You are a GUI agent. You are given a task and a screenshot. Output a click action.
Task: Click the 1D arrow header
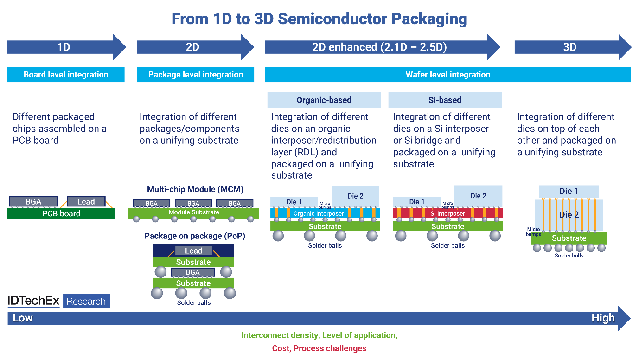[x=64, y=47]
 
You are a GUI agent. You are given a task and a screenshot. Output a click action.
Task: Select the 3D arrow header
[x=569, y=47]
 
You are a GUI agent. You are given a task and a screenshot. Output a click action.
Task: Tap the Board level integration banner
[x=66, y=75]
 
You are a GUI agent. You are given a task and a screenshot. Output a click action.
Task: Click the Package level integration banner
[x=196, y=75]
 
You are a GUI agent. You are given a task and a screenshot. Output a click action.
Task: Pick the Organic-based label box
[x=324, y=100]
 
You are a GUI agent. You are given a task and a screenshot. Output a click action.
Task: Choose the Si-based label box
[x=445, y=100]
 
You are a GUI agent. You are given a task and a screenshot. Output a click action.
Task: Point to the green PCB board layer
[x=61, y=213]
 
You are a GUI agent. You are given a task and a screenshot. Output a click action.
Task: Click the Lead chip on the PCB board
[x=86, y=201]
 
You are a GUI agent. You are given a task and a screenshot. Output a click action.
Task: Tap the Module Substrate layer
[x=193, y=213]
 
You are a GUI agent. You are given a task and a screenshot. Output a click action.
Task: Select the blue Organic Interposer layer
[x=325, y=213]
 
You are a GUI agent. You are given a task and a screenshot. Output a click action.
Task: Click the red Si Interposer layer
[x=448, y=213]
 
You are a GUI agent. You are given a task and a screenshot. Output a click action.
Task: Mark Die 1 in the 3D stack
[x=569, y=191]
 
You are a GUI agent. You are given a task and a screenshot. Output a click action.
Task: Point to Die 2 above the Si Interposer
[x=478, y=195]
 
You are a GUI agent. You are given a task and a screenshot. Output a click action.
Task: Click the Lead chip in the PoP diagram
[x=193, y=251]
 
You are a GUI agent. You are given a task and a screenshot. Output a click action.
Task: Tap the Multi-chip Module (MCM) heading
[x=195, y=189]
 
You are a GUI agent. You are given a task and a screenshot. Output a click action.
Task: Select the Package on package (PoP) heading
[x=195, y=236]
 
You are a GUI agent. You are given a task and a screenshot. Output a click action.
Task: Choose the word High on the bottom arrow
[x=603, y=318]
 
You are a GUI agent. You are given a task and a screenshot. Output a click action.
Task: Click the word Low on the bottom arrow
[x=23, y=318]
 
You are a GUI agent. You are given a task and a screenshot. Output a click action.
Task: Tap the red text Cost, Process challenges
[x=319, y=348]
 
